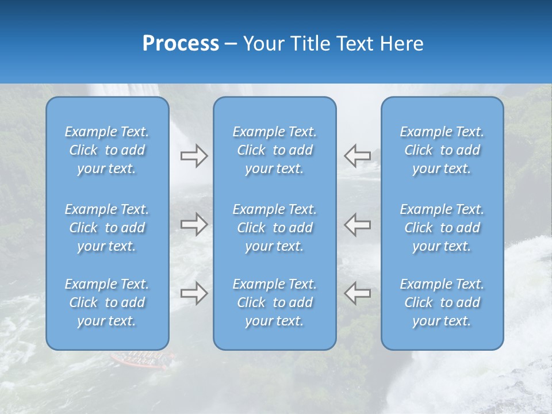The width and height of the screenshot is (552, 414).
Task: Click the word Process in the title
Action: (x=181, y=44)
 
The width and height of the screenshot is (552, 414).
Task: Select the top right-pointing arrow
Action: (x=194, y=156)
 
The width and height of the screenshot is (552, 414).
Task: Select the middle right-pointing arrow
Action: (x=194, y=224)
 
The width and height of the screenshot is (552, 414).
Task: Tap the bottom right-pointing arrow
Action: (x=194, y=293)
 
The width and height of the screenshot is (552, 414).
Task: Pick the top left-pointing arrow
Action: (x=357, y=155)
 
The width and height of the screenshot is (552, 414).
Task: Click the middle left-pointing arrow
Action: (x=357, y=224)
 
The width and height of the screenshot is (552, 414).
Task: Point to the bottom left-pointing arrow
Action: (x=357, y=293)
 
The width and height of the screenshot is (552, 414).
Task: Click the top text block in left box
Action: (x=107, y=150)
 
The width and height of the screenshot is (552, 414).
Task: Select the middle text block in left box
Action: (x=107, y=228)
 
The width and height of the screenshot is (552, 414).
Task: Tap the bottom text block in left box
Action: (x=107, y=302)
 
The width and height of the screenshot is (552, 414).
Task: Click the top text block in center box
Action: (x=275, y=150)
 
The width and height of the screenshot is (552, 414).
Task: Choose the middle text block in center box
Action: (x=275, y=228)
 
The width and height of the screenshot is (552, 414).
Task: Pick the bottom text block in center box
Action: (x=275, y=302)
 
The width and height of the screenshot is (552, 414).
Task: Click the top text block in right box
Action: (x=442, y=150)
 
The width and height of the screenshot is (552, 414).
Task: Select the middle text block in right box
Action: (x=442, y=228)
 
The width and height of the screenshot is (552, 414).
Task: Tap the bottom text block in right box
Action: (x=442, y=302)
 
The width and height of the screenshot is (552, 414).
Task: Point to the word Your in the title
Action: (x=262, y=44)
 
